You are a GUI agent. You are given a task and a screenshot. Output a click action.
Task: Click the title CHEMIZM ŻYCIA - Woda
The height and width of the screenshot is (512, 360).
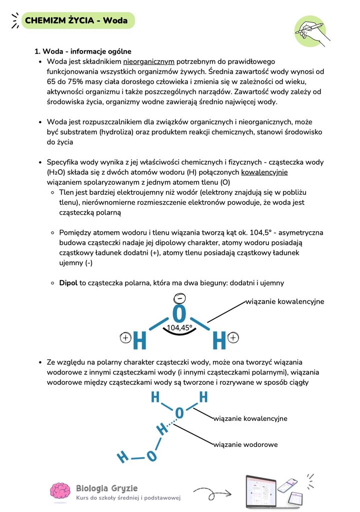pos(76,21)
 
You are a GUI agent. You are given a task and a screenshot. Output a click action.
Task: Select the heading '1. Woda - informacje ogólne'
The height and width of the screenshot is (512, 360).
pos(82,52)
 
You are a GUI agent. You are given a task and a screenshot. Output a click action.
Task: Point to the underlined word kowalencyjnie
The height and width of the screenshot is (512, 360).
pos(264,172)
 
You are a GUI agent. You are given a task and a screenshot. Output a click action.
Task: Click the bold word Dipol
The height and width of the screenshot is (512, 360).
pos(68,283)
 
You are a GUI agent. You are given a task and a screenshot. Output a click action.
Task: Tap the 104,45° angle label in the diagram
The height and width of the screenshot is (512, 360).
pos(179,328)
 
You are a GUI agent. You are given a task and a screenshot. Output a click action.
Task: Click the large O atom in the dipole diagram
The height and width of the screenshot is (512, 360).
pos(179,314)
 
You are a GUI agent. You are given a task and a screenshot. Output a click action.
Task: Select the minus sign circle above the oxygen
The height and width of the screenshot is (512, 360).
pos(178,299)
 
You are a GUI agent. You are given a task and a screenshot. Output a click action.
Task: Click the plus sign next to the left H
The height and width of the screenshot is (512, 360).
pos(126,338)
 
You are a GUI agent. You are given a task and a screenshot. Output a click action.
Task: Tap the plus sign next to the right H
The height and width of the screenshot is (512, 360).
pos(233,338)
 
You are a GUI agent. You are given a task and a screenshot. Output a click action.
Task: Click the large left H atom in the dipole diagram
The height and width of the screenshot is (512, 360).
pos(140,341)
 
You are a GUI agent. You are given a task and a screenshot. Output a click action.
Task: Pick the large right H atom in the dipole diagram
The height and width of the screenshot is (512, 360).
pos(219,341)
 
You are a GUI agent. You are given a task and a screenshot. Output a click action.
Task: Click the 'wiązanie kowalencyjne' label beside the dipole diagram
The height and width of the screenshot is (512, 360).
pos(284,302)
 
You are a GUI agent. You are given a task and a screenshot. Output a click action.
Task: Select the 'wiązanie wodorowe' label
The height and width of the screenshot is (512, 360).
pos(245,444)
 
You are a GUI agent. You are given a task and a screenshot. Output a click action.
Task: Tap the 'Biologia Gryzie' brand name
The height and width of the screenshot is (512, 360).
pos(106,488)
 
